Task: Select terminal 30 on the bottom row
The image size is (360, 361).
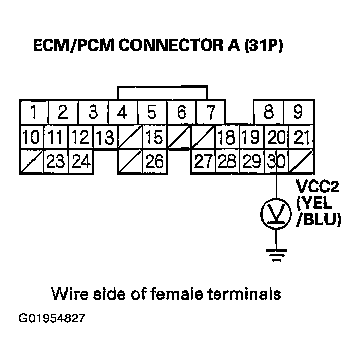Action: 276,162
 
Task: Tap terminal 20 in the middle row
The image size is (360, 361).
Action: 276,137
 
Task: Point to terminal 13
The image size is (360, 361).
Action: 105,137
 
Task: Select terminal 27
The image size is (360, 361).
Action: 203,162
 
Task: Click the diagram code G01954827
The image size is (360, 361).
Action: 51,319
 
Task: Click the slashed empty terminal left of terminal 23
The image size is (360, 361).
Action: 31,162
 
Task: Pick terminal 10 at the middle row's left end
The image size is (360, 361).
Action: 31,137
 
